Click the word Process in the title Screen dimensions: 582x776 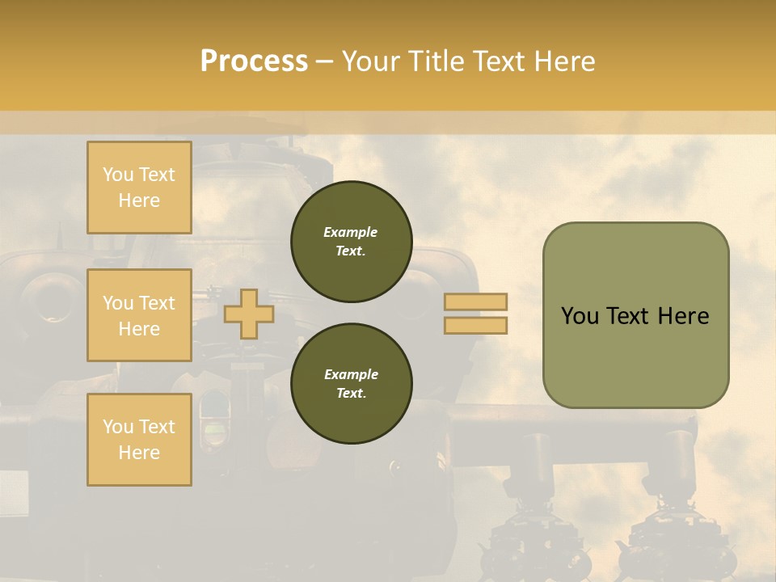coord(253,61)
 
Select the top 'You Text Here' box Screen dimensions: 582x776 coord(139,188)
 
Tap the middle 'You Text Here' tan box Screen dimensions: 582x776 coord(139,315)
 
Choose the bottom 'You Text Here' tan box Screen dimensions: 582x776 coord(139,439)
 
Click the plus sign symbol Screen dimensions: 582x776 coord(248,314)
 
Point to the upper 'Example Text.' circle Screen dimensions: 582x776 coord(351,241)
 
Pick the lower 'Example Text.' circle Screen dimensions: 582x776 coord(351,383)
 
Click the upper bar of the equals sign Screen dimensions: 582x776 coord(475,302)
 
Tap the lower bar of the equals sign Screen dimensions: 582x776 coord(475,325)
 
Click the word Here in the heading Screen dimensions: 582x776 coord(563,61)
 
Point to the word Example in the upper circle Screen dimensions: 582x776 coord(351,232)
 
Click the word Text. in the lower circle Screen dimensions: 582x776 coord(351,394)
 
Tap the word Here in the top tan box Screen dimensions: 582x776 coord(139,200)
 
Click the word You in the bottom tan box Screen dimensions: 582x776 coord(118,426)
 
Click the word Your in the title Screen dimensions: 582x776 coord(373,61)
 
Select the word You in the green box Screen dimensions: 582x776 coord(580,316)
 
